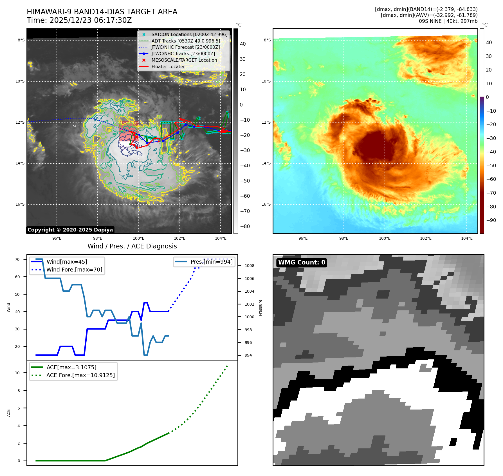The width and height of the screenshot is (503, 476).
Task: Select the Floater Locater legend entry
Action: tap(168, 67)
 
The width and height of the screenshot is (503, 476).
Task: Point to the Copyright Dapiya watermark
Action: tap(70, 230)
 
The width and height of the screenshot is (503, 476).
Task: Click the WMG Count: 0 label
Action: tap(302, 263)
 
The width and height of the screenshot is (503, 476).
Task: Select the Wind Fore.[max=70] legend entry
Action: tap(74, 270)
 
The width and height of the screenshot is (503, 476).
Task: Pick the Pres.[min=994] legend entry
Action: tap(211, 262)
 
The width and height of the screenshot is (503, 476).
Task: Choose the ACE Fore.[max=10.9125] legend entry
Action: tap(80, 375)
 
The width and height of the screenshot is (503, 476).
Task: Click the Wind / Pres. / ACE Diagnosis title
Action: tap(132, 246)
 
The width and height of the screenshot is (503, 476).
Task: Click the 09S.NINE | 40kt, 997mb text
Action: tap(448, 21)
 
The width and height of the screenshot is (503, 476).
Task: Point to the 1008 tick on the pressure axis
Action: tap(249, 266)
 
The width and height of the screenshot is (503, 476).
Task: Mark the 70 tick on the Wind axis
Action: tap(17, 259)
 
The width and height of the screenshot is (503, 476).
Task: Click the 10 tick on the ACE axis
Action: tap(17, 373)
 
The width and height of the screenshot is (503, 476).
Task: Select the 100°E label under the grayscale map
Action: tap(138, 239)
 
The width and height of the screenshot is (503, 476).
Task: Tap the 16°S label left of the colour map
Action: tap(266, 204)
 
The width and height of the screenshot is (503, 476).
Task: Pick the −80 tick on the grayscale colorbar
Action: tap(245, 226)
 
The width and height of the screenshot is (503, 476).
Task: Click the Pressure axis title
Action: tap(260, 308)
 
